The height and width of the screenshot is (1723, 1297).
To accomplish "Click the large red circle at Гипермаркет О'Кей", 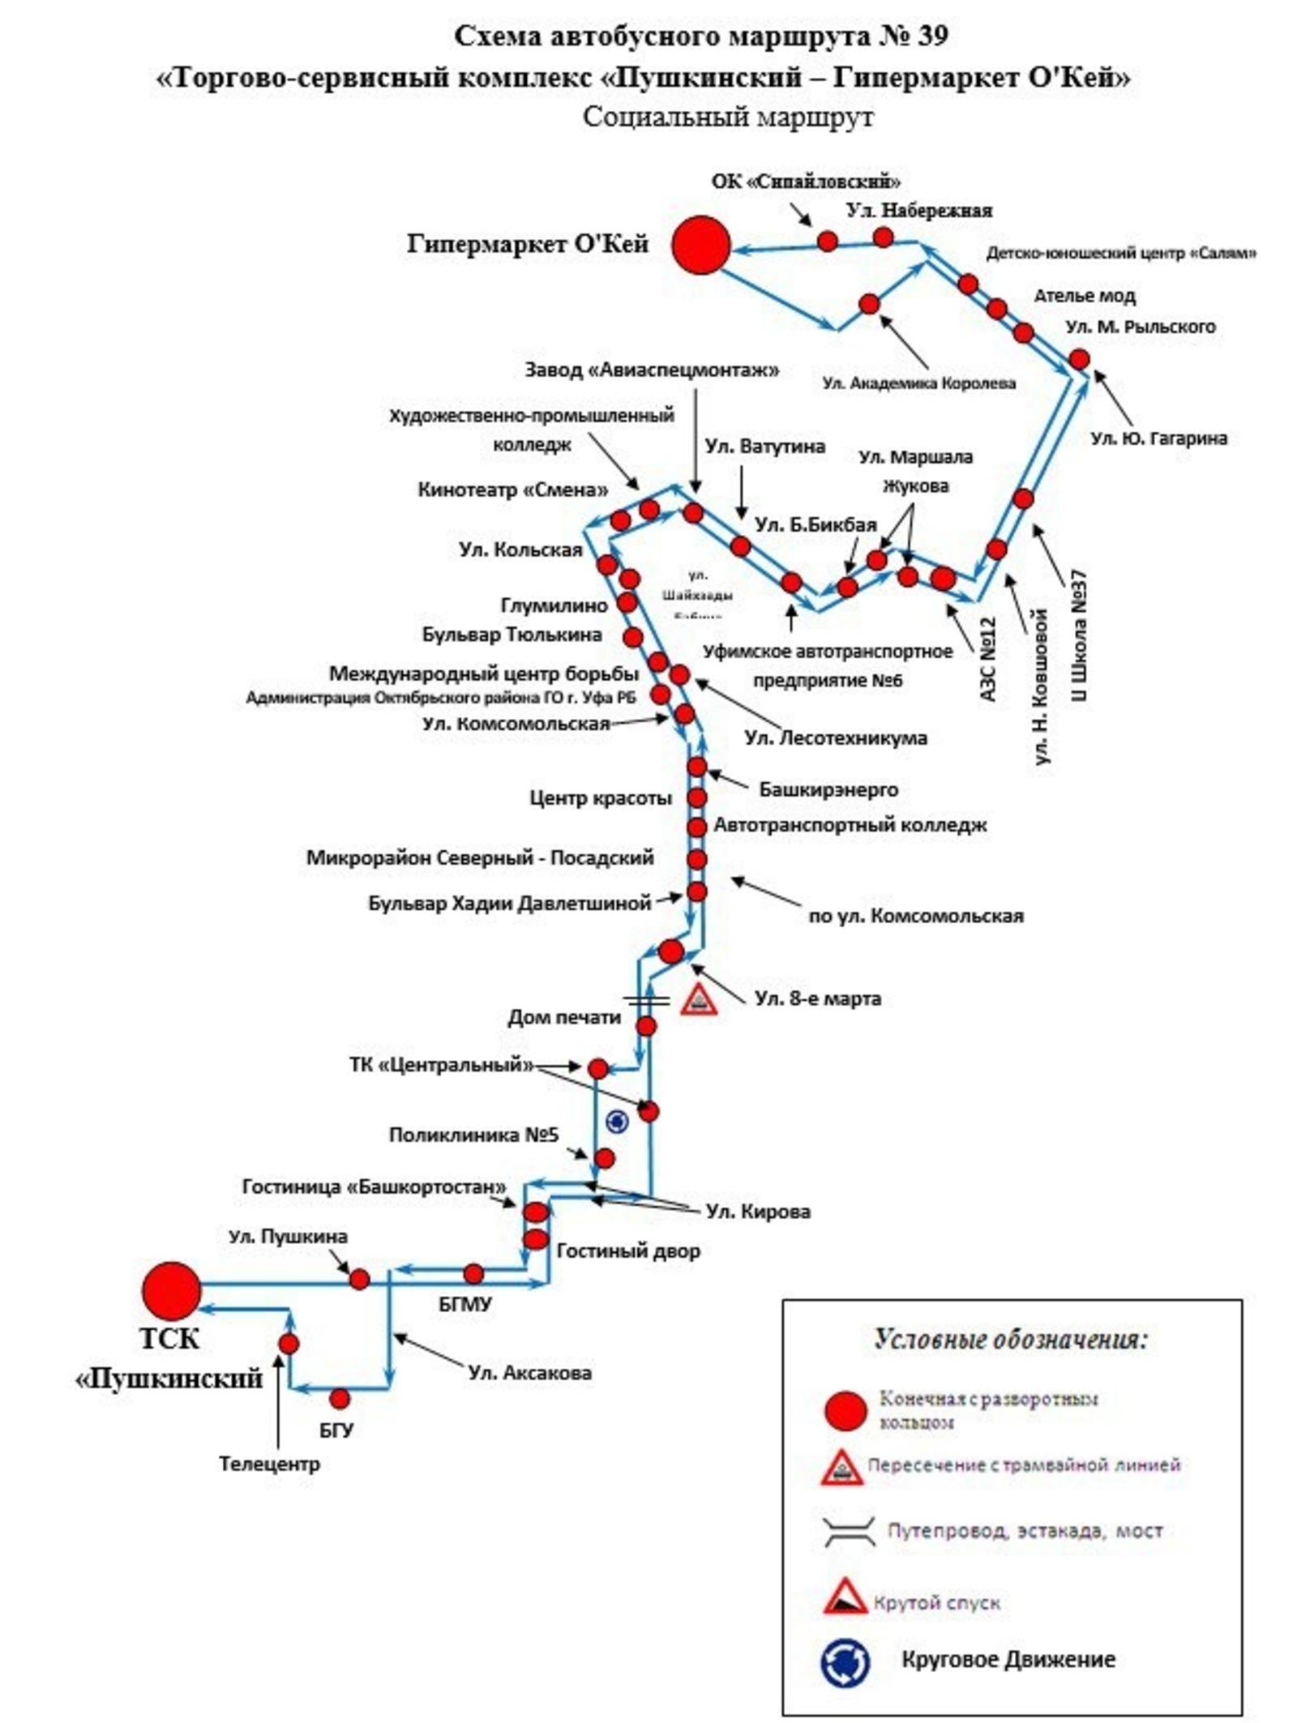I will pos(701,245).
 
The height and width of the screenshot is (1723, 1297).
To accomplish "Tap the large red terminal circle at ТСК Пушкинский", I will pos(171,1290).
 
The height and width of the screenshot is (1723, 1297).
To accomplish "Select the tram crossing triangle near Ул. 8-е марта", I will pos(699,1000).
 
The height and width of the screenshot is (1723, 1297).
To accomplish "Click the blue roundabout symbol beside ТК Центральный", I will pos(618,1121).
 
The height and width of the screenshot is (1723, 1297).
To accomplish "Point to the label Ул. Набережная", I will pos(918,211).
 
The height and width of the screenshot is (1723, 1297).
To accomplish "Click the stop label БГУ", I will pos(336,1430).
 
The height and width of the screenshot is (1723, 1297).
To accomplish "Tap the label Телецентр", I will pos(269,1464).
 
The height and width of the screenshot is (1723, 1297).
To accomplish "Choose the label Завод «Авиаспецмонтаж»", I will pos(651,370).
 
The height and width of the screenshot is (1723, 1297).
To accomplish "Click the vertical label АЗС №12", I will pos(987,658).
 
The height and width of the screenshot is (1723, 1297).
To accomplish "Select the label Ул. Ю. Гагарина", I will pos(1158,438).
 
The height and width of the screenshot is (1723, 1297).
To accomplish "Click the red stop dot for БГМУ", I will pos(473,1273).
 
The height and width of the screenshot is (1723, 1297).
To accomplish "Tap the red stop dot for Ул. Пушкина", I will pos(359,1280).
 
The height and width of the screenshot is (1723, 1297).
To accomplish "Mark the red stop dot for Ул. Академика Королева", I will pos(869,304).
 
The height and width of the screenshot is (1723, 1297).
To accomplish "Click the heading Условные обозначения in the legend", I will pos(1010,1339).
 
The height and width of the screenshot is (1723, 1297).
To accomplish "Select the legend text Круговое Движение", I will pos(1008,1659).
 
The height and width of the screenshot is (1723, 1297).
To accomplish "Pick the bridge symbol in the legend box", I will pos(848,1532).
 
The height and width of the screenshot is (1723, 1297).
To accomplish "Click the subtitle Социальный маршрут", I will pos(727,117).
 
